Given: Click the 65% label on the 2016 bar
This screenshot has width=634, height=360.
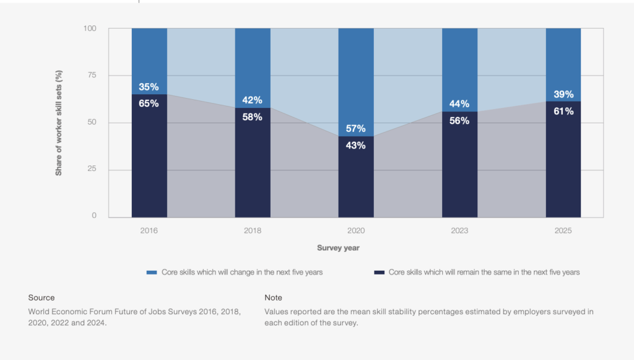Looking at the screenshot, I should [149, 103].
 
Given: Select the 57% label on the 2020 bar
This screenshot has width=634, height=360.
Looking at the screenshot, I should [356, 128].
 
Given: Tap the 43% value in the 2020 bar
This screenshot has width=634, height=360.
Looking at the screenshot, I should [356, 146].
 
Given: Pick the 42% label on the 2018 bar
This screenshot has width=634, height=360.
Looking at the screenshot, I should [253, 100].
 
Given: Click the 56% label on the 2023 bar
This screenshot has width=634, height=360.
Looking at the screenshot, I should [459, 121].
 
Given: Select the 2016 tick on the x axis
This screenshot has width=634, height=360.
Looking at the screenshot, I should [149, 230].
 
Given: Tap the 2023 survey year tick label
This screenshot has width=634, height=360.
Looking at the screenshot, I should [459, 230].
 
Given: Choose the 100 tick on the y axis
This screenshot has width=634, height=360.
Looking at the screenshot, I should [90, 29].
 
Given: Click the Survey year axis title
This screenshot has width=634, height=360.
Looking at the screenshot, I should [338, 248].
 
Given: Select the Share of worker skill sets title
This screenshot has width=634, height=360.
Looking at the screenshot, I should [59, 123].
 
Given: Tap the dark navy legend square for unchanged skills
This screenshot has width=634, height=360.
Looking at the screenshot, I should [380, 272].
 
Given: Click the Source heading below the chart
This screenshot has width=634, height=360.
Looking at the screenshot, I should [41, 297].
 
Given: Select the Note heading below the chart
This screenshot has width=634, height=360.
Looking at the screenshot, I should [273, 297].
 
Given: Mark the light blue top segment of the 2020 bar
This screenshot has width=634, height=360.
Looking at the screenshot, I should [356, 74].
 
